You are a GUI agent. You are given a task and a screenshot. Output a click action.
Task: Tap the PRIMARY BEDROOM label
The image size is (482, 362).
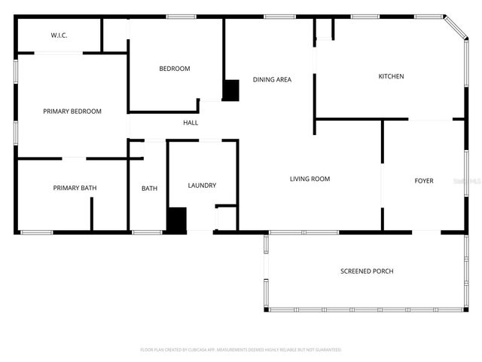click(72, 112)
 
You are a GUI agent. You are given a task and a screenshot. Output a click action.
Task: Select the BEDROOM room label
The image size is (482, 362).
click(174, 69)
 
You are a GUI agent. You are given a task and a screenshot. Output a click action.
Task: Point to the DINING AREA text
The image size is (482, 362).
click(272, 79)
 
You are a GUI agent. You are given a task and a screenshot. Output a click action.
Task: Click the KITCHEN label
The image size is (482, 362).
click(391, 76)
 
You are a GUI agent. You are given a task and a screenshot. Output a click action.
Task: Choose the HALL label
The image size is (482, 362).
click(191, 122)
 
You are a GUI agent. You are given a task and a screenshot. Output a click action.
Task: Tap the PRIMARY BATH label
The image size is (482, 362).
click(75, 188)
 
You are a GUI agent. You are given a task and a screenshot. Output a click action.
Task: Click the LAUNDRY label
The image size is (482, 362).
click(202, 186)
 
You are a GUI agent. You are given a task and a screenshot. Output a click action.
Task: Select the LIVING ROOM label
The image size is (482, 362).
click(310, 179)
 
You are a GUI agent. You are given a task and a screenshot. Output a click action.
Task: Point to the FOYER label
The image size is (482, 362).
click(424, 181)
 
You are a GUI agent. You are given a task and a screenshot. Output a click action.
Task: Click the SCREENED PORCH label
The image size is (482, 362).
click(367, 271)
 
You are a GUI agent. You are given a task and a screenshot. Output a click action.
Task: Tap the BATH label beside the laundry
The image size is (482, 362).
click(149, 188)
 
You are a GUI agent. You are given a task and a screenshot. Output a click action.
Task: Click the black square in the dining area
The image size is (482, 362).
click(230, 90)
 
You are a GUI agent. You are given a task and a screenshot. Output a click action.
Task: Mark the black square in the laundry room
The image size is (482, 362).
click(176, 220)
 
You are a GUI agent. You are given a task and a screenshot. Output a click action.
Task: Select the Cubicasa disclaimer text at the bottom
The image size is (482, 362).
click(241, 350)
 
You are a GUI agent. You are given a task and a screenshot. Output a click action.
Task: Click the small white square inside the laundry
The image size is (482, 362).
click(226, 218)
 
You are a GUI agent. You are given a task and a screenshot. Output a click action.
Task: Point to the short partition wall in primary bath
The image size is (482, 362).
click(92, 213)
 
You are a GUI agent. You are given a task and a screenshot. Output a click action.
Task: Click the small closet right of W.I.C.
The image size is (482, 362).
click(115, 35)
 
